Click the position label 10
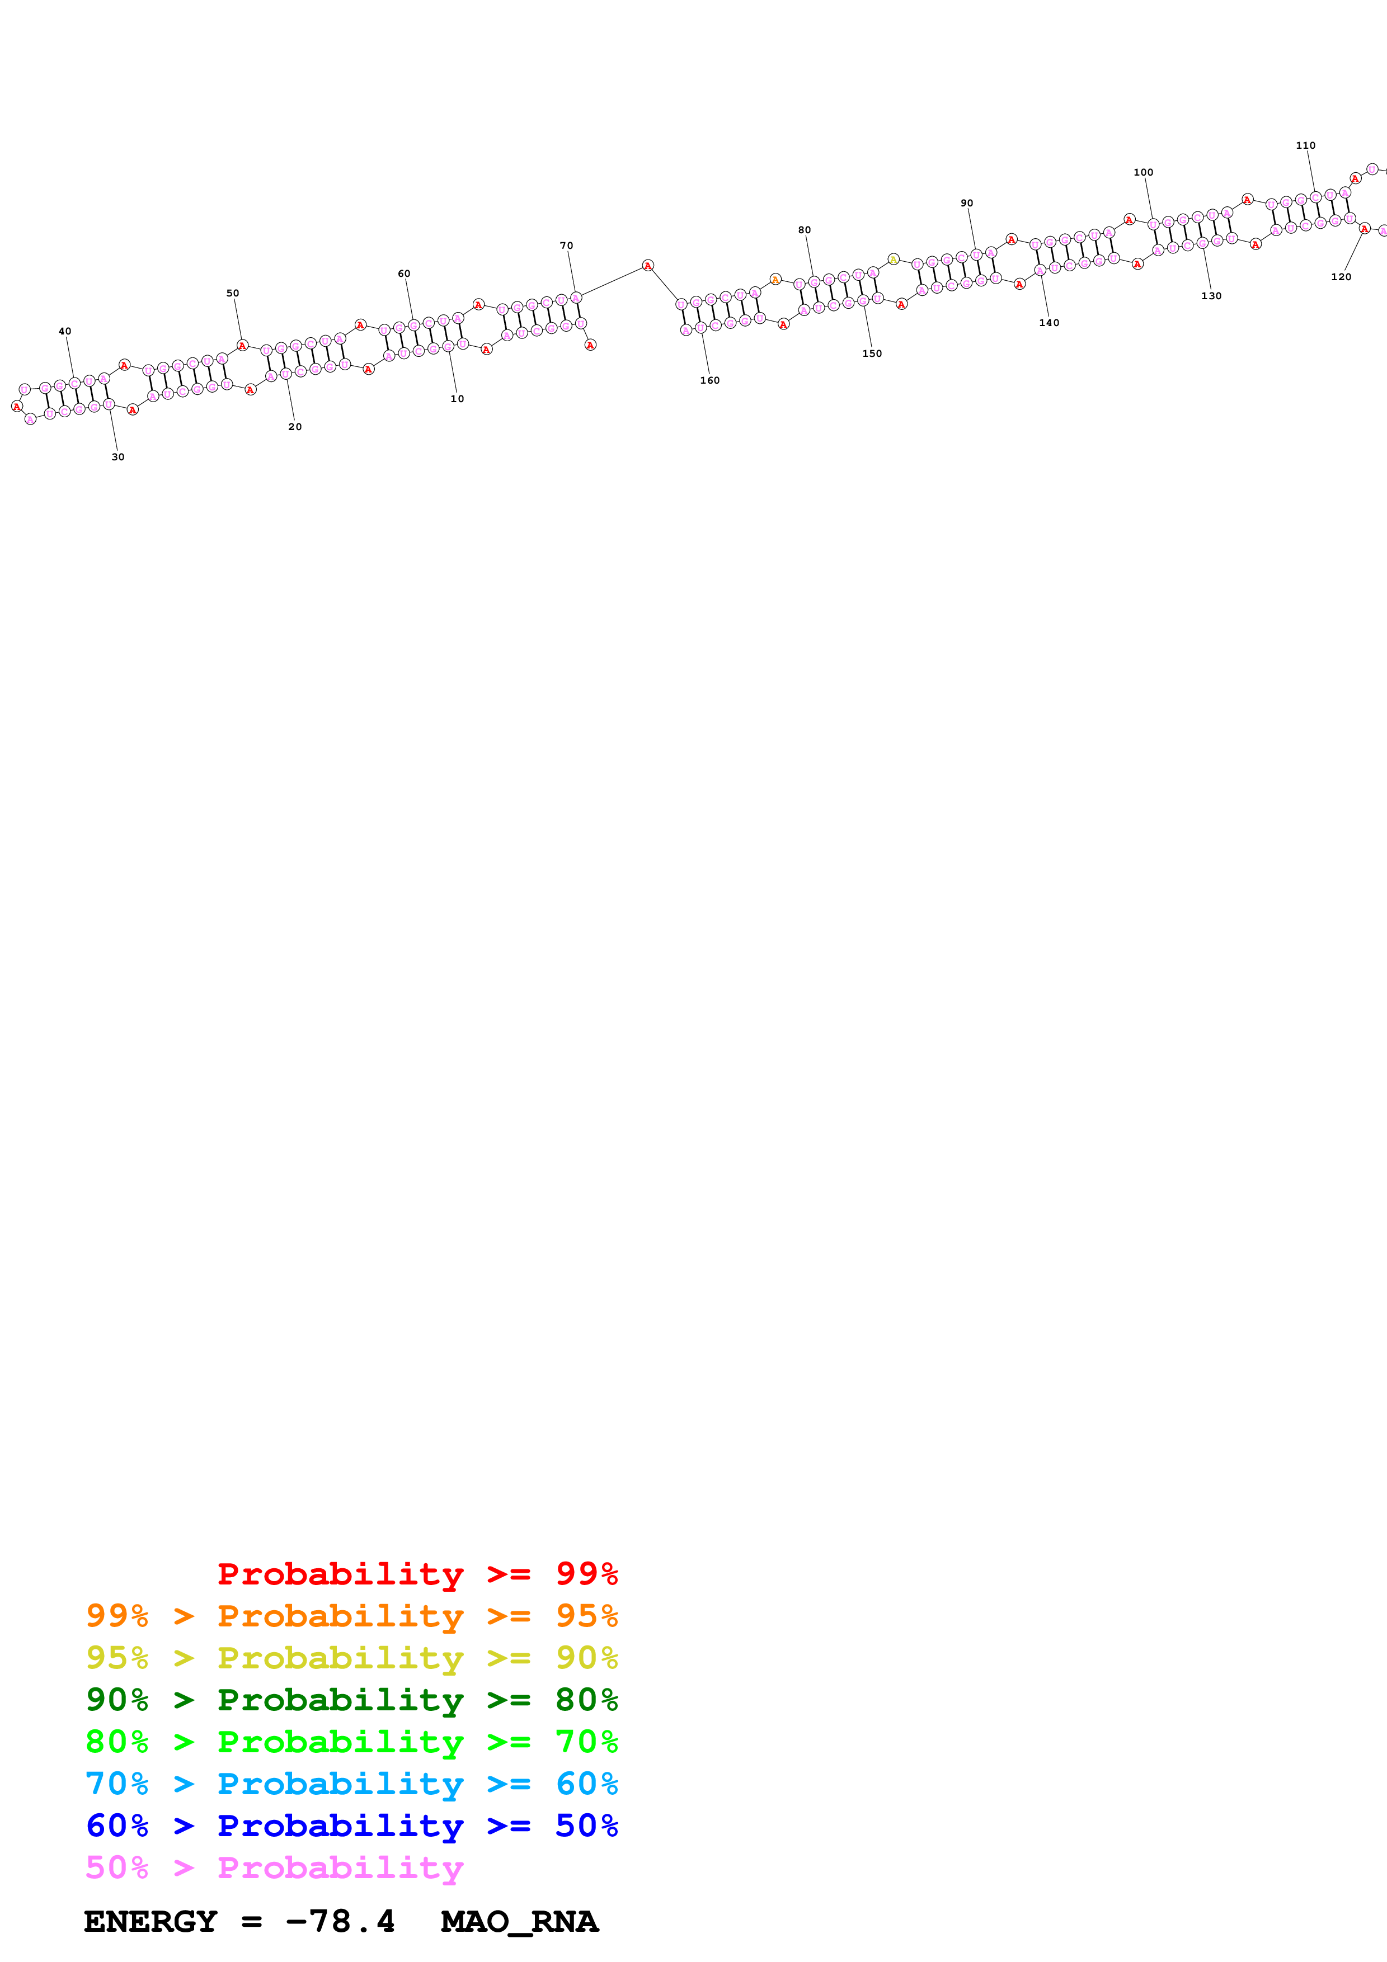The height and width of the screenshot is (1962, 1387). point(457,399)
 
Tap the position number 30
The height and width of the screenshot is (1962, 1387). point(118,457)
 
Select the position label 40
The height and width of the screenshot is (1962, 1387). point(65,332)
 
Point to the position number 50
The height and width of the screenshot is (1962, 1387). point(232,293)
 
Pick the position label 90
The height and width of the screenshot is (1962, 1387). point(967,204)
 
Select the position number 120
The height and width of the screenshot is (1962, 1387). point(1341,277)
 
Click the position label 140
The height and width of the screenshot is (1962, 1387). point(1049,323)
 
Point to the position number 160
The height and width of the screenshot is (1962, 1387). point(709,381)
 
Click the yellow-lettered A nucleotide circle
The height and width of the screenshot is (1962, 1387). point(893,259)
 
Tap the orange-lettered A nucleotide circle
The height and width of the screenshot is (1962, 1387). point(775,280)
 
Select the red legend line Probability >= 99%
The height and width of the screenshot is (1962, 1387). point(417,1574)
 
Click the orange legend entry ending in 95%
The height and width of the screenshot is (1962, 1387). point(351,1616)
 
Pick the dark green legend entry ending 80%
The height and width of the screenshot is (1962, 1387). point(351,1700)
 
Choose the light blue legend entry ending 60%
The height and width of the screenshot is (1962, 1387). point(351,1784)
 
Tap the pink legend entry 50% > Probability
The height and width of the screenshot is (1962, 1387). point(274,1867)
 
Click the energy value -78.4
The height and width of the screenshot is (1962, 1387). point(340,1921)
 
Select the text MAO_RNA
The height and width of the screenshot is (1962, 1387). point(519,1921)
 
